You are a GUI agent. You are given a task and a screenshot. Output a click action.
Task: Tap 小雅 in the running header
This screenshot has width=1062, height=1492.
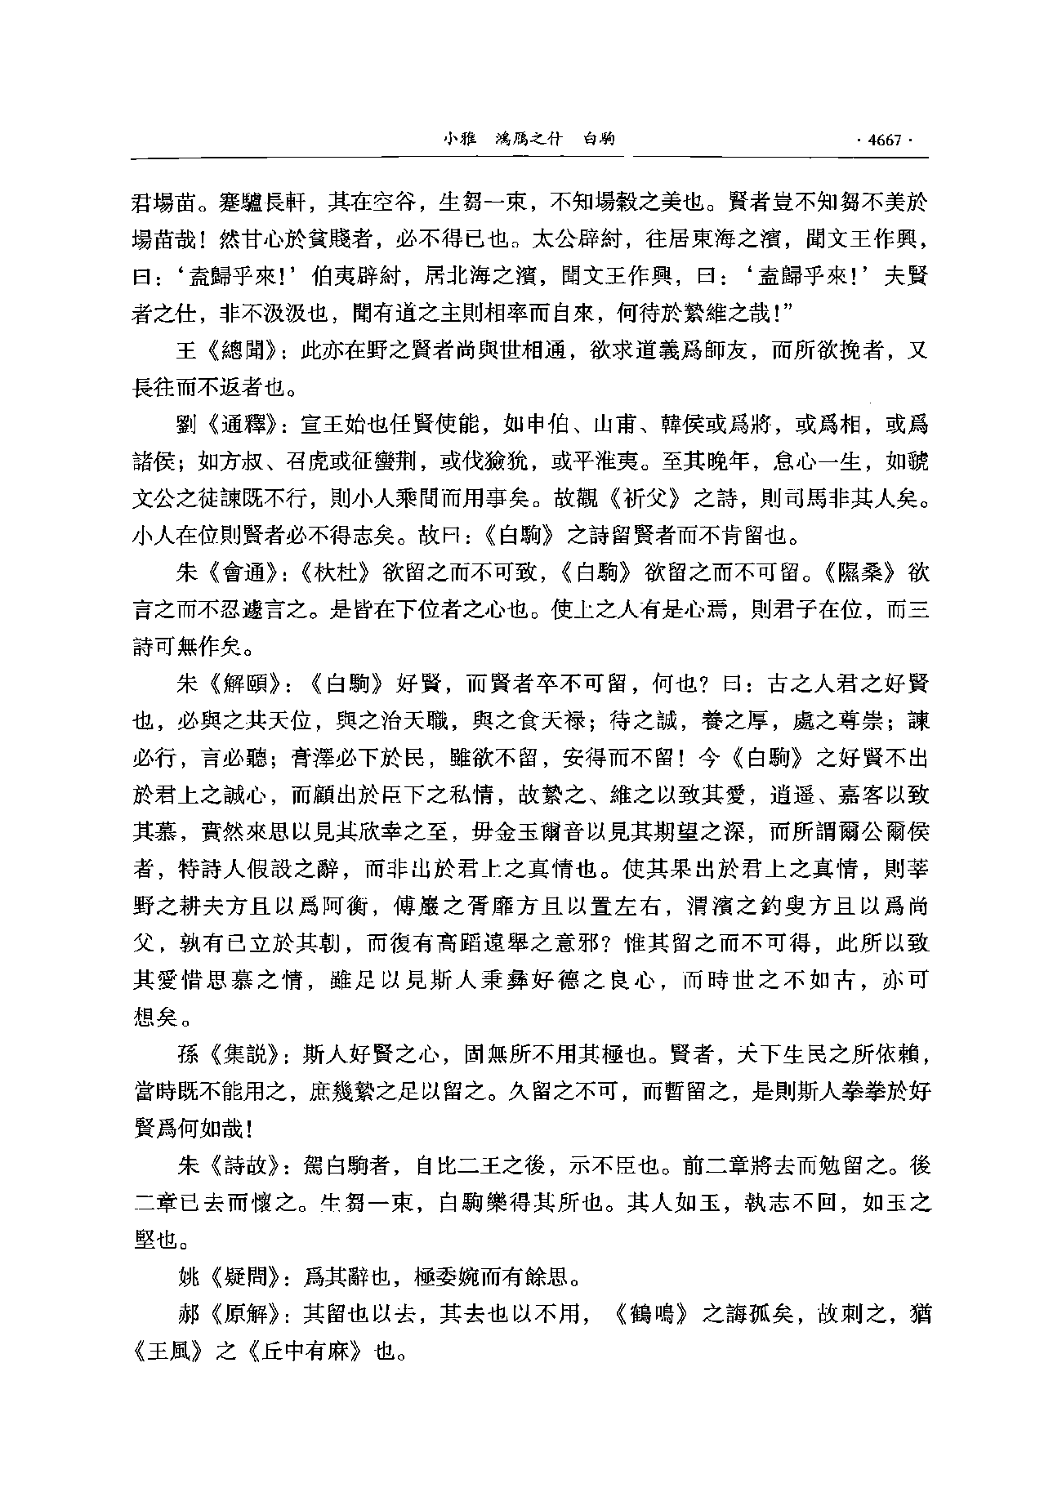(x=459, y=140)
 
